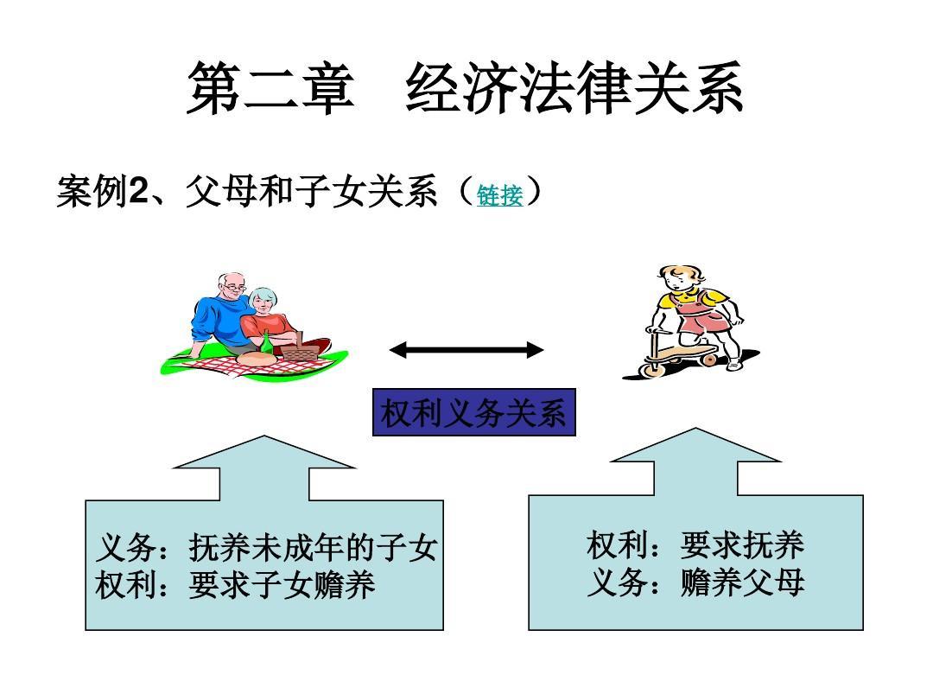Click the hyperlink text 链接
[500, 195]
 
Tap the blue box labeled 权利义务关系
[473, 412]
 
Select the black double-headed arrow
[466, 350]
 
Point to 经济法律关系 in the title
[574, 88]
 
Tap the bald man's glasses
[234, 288]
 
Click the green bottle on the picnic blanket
[267, 343]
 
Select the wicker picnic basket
[301, 348]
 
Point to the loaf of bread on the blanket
[256, 359]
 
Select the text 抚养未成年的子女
[313, 547]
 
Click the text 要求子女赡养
[282, 584]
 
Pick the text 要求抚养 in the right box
[742, 544]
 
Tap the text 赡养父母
[742, 582]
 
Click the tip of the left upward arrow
[264, 435]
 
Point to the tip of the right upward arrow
[695, 428]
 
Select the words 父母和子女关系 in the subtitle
[311, 192]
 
